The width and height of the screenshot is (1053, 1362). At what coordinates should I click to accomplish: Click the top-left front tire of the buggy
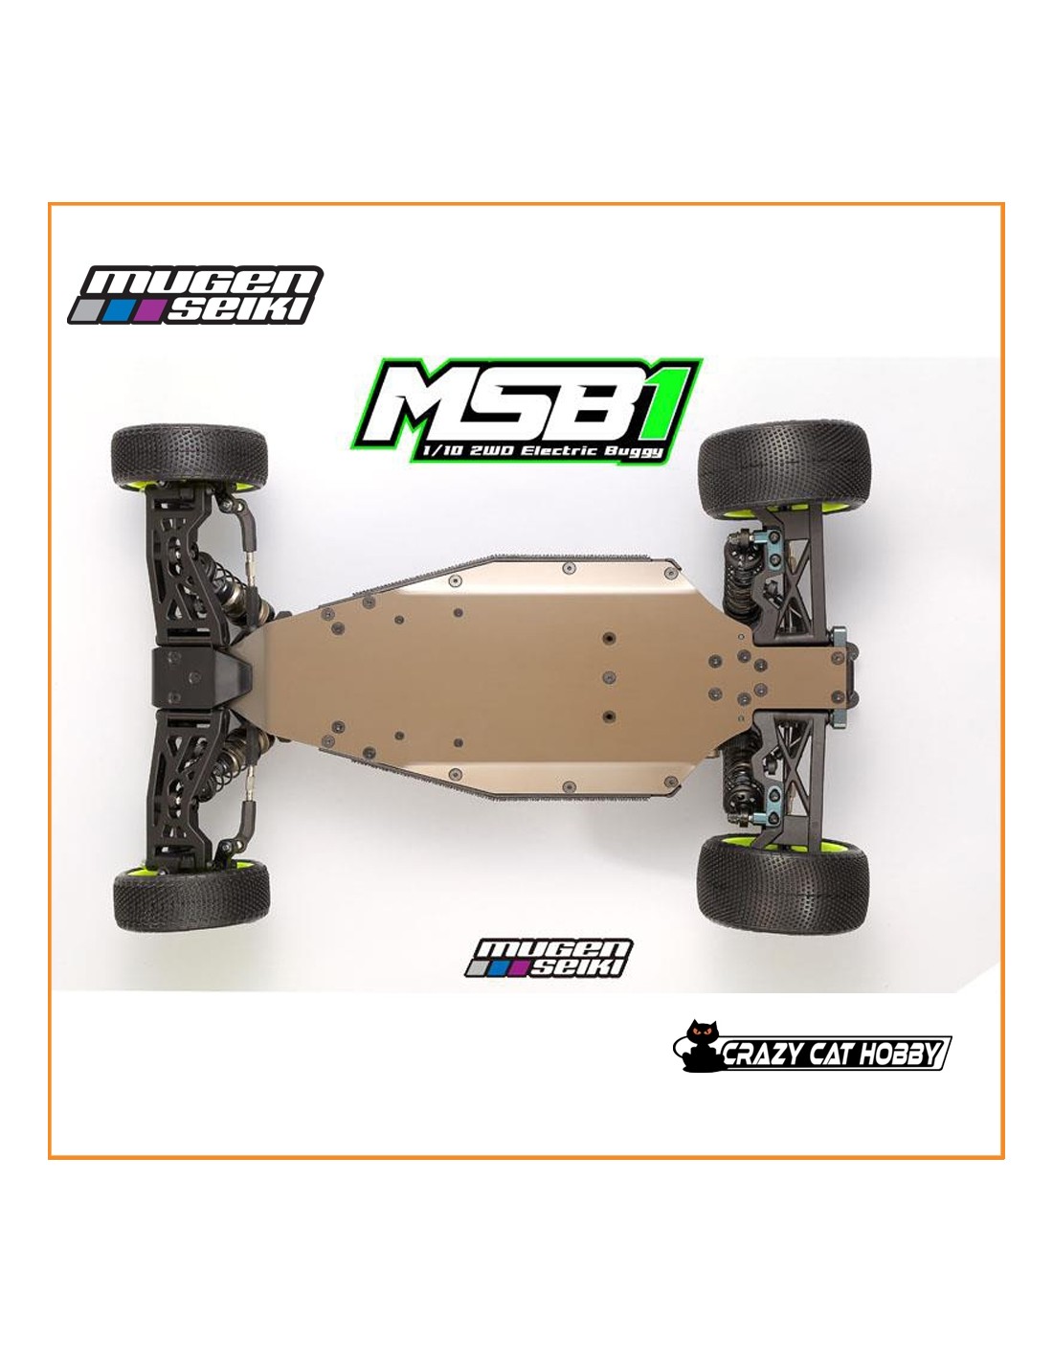(190, 457)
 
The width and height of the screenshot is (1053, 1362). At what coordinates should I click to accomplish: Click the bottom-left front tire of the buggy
(191, 895)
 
